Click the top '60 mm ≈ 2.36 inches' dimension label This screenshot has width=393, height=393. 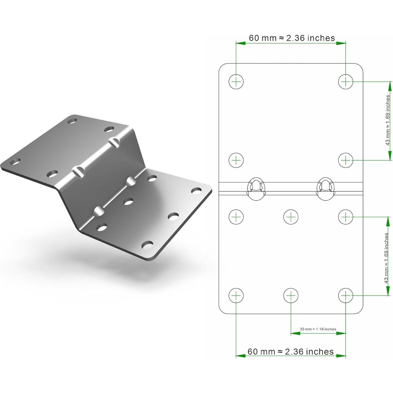(292, 38)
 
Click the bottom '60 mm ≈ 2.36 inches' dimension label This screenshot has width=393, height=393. (290, 351)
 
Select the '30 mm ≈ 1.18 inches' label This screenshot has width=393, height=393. (318, 329)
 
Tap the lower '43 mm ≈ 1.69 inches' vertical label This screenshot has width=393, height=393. (386, 258)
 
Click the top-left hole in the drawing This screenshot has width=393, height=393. (236, 82)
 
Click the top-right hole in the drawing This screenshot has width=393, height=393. (346, 82)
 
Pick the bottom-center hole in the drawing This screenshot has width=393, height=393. (291, 295)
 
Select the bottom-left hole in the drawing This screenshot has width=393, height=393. (236, 295)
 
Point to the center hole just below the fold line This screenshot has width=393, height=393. (291, 217)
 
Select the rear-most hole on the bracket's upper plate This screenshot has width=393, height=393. (72, 121)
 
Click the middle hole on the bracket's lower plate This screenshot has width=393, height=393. (128, 202)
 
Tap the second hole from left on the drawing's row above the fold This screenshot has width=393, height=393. (346, 160)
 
